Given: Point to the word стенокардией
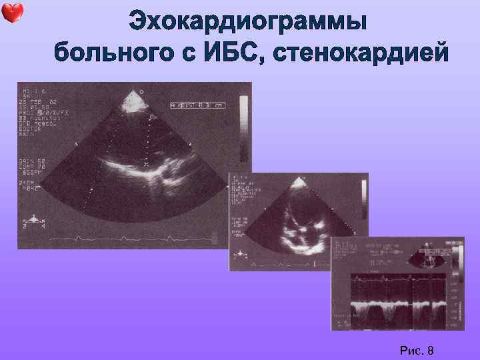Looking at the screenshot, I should (x=360, y=51).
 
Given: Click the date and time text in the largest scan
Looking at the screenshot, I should (x=33, y=103).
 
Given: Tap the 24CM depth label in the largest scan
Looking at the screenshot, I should (x=29, y=182).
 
